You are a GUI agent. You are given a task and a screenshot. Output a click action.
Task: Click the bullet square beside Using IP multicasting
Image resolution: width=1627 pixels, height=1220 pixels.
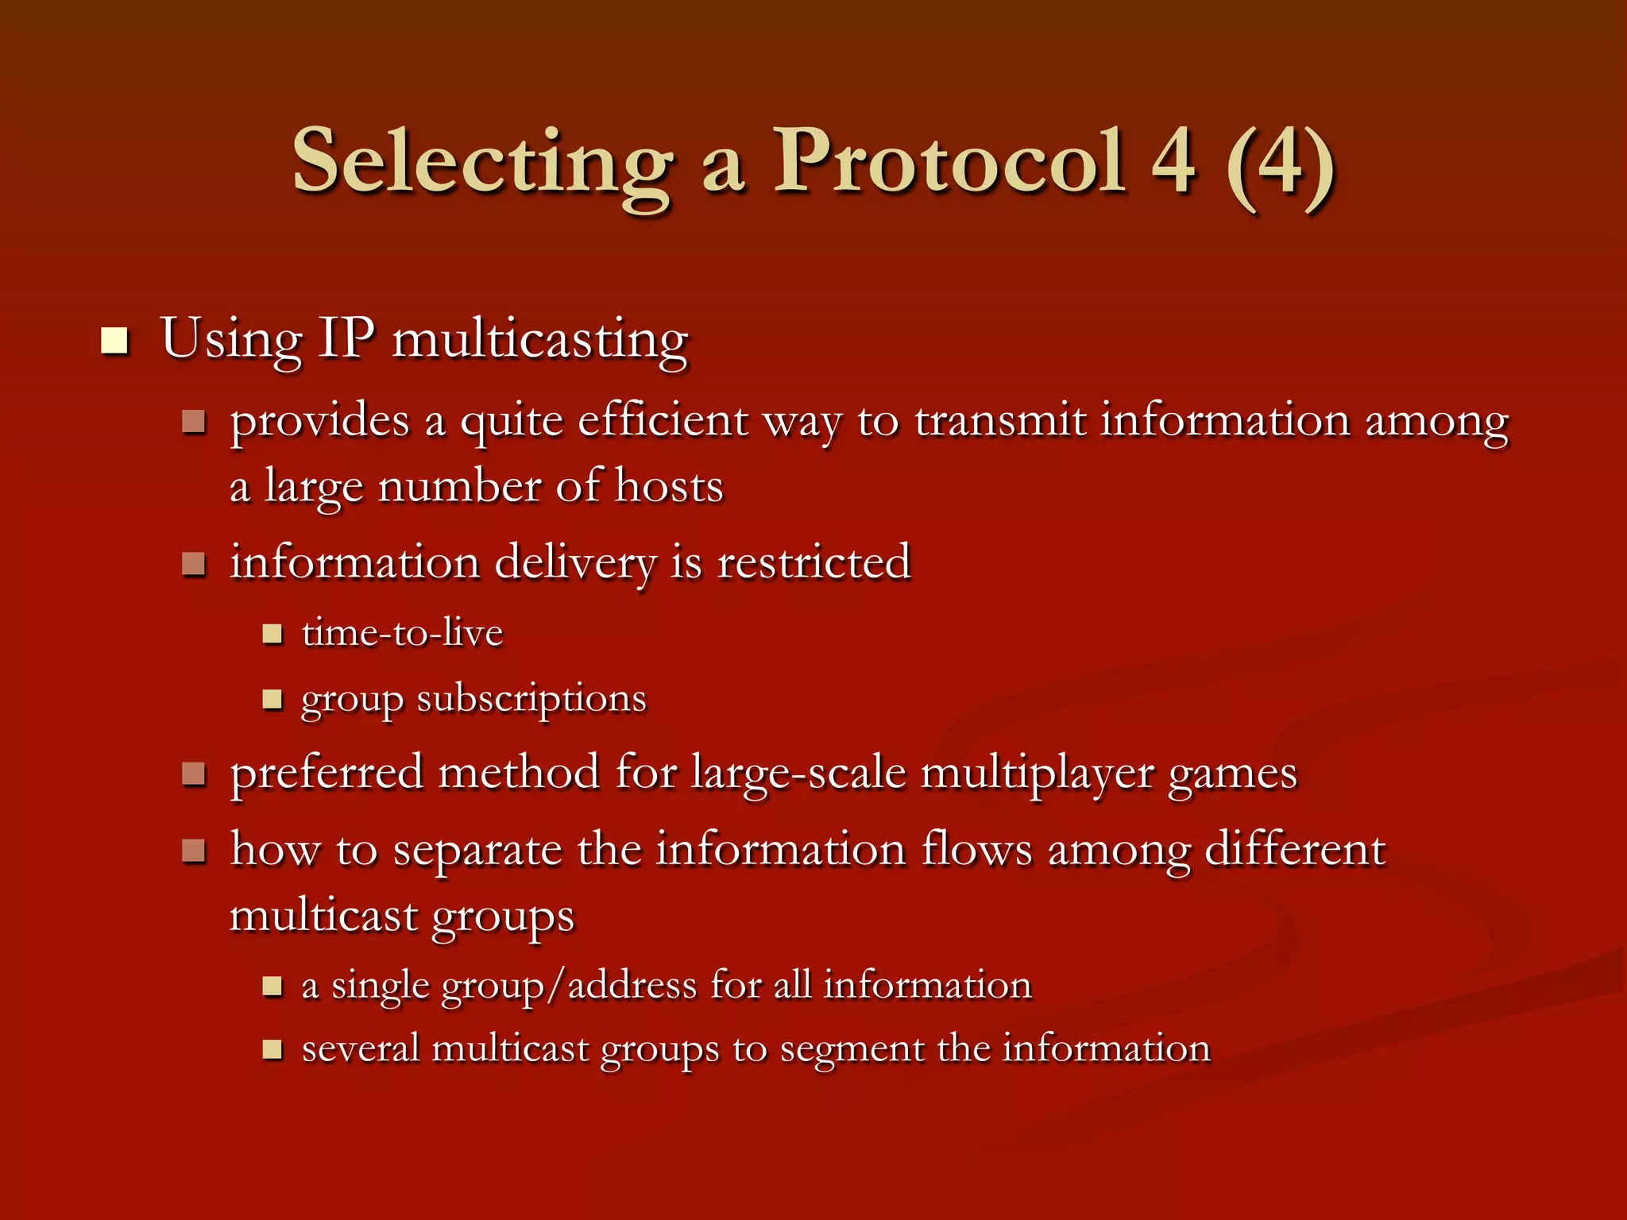tap(115, 341)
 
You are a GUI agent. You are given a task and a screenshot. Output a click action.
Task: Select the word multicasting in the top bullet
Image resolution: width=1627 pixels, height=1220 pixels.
tap(540, 341)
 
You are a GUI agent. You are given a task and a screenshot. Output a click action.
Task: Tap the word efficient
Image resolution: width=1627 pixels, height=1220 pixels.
tap(663, 421)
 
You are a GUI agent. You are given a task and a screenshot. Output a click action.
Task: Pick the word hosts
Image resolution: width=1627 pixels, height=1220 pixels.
tap(669, 486)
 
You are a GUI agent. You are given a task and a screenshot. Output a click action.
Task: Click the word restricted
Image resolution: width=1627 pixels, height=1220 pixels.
tap(813, 562)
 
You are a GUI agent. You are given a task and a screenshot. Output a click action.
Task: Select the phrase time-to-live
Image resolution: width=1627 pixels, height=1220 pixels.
tap(402, 633)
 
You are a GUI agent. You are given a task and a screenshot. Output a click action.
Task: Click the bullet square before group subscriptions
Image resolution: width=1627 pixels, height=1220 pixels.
tap(272, 699)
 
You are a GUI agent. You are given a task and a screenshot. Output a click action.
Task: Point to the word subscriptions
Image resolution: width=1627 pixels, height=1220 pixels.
tap(531, 700)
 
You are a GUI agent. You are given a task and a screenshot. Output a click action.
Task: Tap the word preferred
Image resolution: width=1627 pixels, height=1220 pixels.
tap(327, 773)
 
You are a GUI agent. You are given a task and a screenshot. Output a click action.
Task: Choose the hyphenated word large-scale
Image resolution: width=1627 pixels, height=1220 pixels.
tap(798, 773)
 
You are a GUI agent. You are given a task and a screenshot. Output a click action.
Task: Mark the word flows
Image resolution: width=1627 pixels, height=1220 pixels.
tap(976, 849)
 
